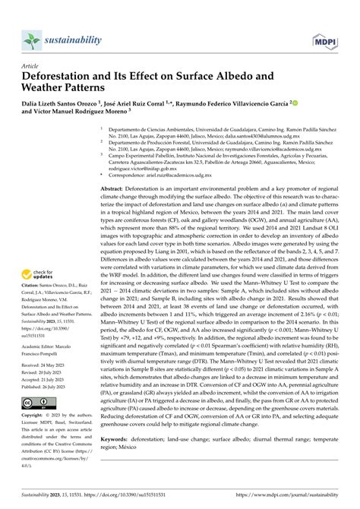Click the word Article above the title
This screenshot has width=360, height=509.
tap(31, 65)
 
